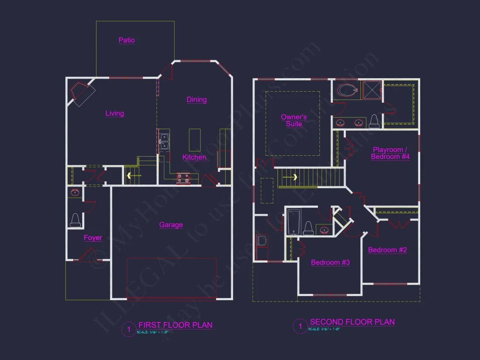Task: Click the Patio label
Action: (x=127, y=40)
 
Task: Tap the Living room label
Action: (x=115, y=113)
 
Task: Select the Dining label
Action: (x=196, y=99)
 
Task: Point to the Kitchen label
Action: (x=194, y=157)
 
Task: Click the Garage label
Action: (x=171, y=225)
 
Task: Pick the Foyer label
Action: (x=93, y=238)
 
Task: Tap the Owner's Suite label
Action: (x=294, y=120)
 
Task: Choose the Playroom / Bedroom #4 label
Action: (x=390, y=153)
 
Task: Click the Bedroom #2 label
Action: (x=387, y=250)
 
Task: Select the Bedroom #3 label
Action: (x=330, y=262)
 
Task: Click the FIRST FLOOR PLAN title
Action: (x=175, y=325)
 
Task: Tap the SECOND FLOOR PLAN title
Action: (x=352, y=322)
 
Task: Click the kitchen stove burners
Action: (x=183, y=178)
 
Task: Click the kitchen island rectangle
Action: (x=195, y=140)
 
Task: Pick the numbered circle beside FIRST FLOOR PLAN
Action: (x=128, y=329)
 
